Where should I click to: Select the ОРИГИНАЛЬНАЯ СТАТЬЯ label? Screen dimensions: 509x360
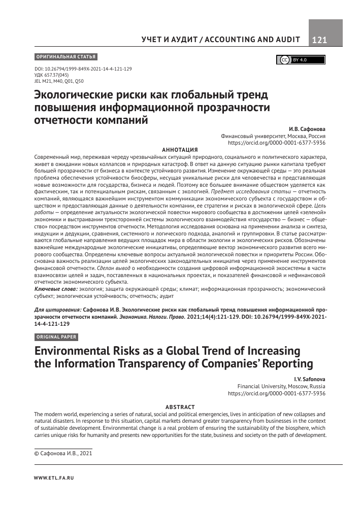(66, 56)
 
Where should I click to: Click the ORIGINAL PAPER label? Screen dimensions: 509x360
(56, 337)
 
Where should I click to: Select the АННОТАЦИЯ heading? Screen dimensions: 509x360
(179, 150)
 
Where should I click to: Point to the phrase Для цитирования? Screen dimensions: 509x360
(57, 309)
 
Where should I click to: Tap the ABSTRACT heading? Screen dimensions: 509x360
(179, 407)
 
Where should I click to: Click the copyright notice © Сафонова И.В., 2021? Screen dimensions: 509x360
(62, 453)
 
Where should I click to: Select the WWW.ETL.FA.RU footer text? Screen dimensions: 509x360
(53, 478)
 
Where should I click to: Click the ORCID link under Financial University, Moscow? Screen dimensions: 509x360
(277, 393)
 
